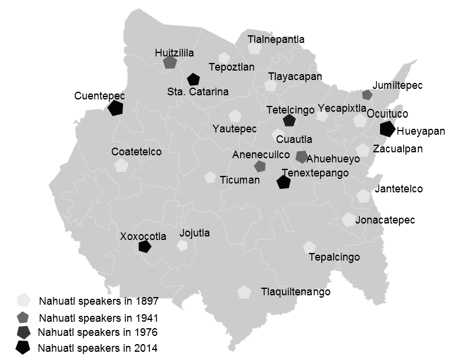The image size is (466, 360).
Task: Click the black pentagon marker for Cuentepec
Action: pyautogui.click(x=115, y=108)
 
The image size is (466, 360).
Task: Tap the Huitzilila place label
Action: pyautogui.click(x=174, y=53)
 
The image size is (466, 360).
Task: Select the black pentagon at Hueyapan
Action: pyautogui.click(x=387, y=129)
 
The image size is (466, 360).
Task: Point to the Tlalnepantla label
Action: pyautogui.click(x=276, y=39)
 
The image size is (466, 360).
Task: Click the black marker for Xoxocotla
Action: pyautogui.click(x=144, y=246)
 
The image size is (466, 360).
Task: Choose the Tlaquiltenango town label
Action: pyautogui.click(x=296, y=292)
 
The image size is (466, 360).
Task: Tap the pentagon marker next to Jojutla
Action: pyautogui.click(x=182, y=245)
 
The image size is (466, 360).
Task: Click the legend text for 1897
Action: pyautogui.click(x=99, y=302)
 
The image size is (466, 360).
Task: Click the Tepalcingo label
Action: pyautogui.click(x=334, y=257)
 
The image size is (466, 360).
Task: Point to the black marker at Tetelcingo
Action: pyautogui.click(x=289, y=121)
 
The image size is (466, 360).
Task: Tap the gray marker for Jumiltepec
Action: pyautogui.click(x=367, y=94)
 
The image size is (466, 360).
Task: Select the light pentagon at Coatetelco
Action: pyautogui.click(x=121, y=165)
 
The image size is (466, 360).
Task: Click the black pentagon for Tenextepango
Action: pyautogui.click(x=284, y=182)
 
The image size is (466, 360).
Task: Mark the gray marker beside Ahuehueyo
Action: pyautogui.click(x=301, y=156)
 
